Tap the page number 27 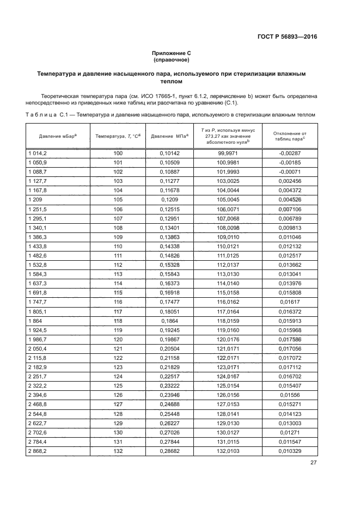[313, 463]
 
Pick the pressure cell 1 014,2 [38, 154]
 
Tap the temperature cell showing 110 [118, 247]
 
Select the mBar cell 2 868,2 [38, 451]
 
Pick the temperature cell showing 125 [118, 386]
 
